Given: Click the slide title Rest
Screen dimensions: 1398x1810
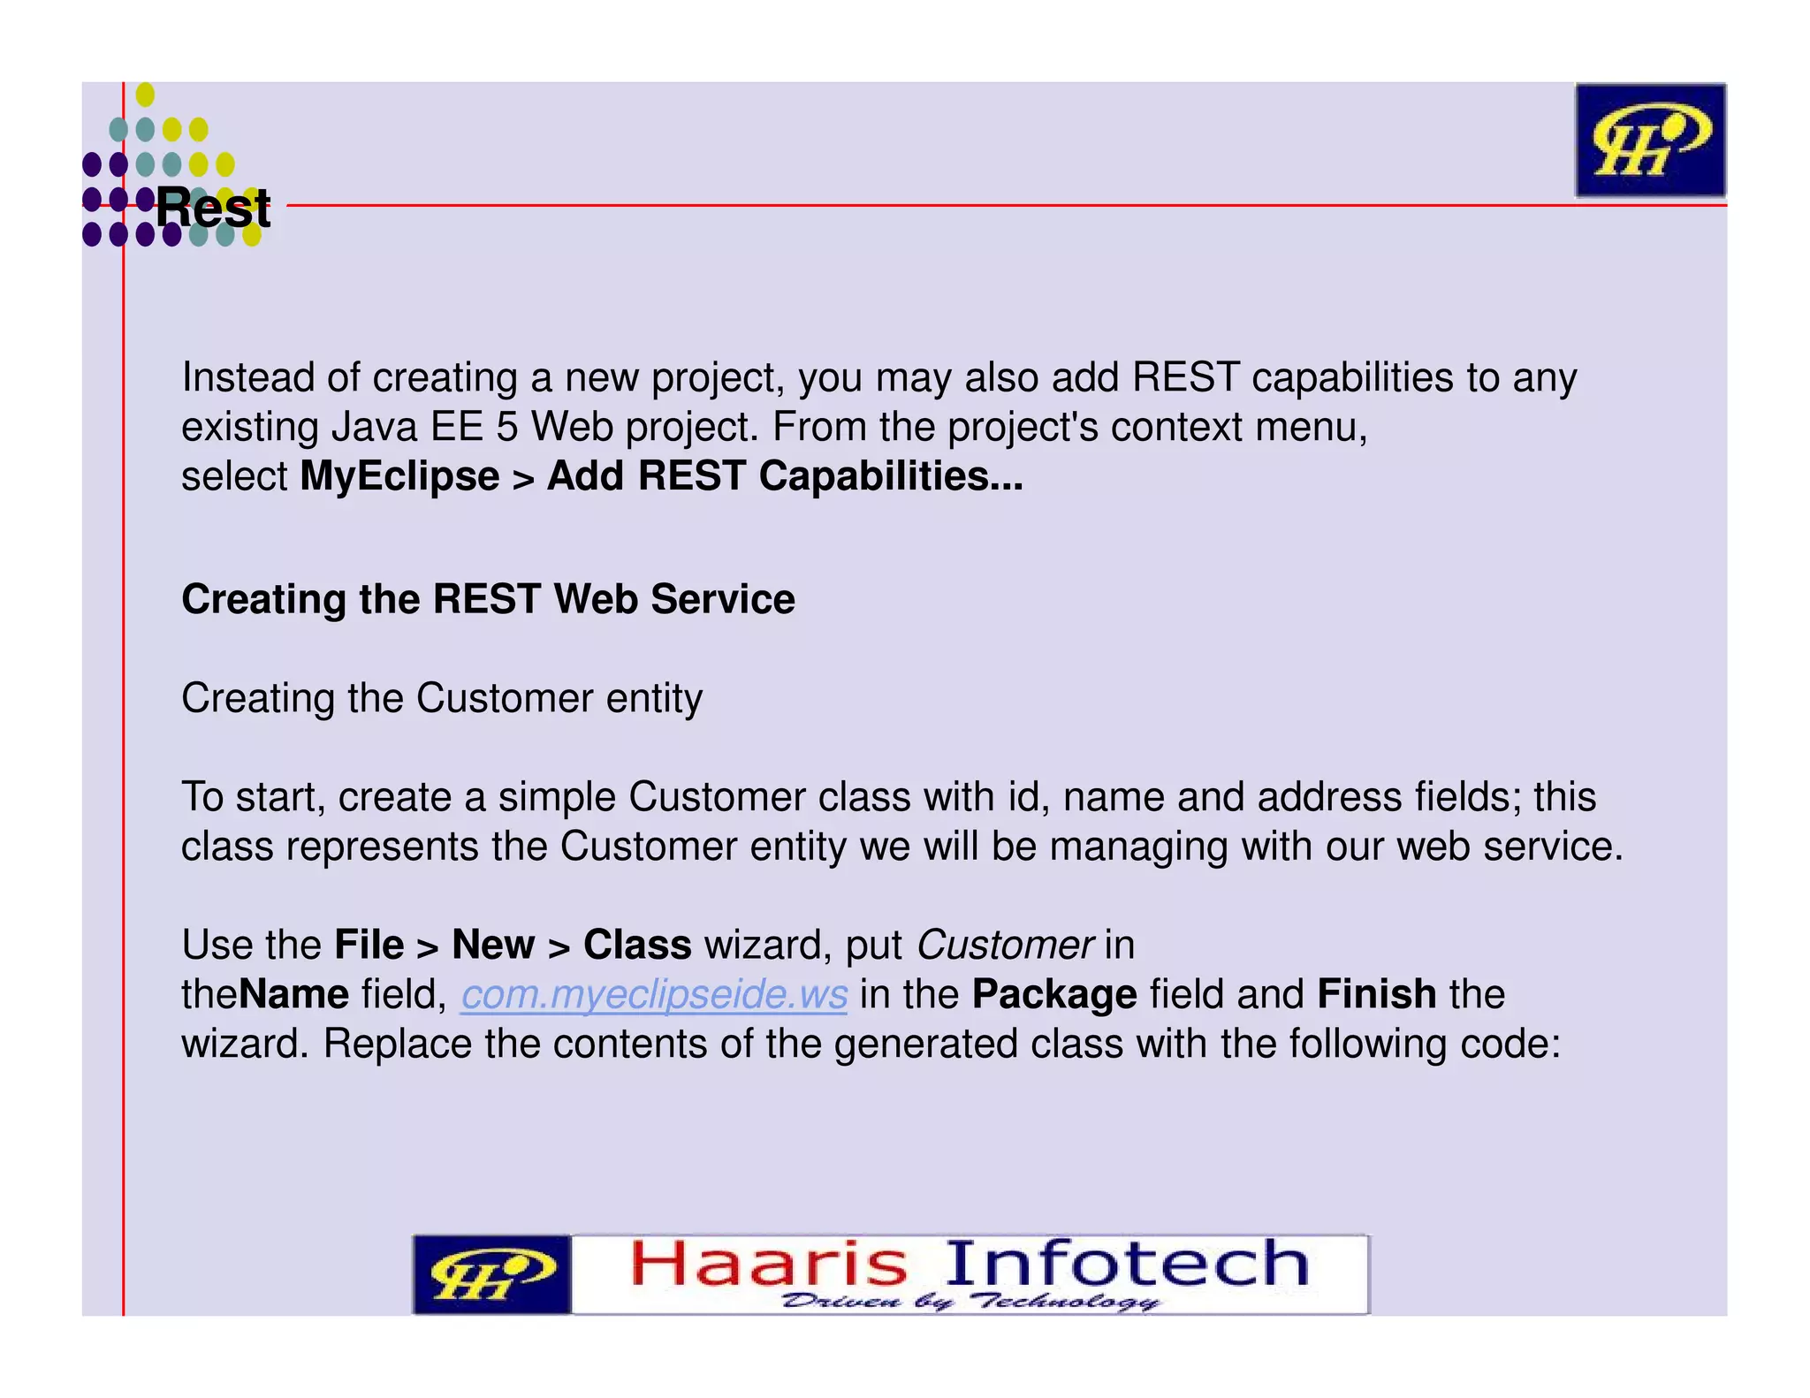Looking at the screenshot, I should click(x=213, y=209).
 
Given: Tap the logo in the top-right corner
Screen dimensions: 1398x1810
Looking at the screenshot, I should click(x=1650, y=140).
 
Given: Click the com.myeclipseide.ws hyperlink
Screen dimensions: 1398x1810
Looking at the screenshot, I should click(x=654, y=995).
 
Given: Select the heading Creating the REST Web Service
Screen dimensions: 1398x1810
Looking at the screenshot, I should click(x=488, y=599).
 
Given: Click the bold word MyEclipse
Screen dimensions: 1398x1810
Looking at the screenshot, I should click(x=399, y=476).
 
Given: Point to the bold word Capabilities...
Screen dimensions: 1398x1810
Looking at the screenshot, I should click(x=889, y=476).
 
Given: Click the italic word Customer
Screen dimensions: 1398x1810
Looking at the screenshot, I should click(x=1005, y=946).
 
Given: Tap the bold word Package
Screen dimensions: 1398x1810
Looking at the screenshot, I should click(x=1053, y=995).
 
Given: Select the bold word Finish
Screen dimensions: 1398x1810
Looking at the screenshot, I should click(x=1376, y=995).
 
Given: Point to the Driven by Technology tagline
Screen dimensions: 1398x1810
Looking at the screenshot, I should click(x=970, y=1302).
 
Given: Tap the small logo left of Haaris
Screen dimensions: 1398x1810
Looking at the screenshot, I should click(x=491, y=1274).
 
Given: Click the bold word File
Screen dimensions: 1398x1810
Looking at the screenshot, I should click(x=369, y=946).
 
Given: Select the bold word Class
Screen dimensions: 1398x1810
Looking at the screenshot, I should click(x=636, y=946).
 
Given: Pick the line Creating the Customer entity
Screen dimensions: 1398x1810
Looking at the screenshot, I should click(x=442, y=698).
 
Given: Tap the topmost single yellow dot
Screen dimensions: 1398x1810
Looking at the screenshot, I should click(x=145, y=95).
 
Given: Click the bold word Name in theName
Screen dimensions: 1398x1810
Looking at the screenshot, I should click(x=293, y=995).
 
